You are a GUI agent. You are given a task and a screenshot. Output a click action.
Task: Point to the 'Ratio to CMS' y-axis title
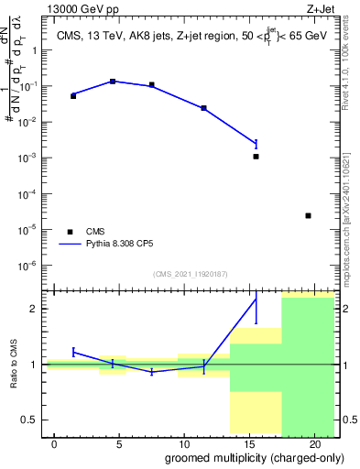(14, 364)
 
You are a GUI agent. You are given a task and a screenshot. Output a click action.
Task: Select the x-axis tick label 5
(119, 444)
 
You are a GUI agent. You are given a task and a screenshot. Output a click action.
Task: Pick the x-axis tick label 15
(249, 444)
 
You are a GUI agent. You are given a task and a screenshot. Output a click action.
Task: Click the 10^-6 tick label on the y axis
(28, 266)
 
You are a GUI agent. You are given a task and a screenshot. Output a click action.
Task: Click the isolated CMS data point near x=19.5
(308, 215)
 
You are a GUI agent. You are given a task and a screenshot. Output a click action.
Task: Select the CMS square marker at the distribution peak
(113, 82)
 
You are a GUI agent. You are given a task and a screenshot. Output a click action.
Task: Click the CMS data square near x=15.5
(256, 157)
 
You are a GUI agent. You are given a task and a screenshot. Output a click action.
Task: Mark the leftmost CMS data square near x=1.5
(73, 95)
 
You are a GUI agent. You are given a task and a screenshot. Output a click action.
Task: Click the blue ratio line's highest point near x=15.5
(256, 299)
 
